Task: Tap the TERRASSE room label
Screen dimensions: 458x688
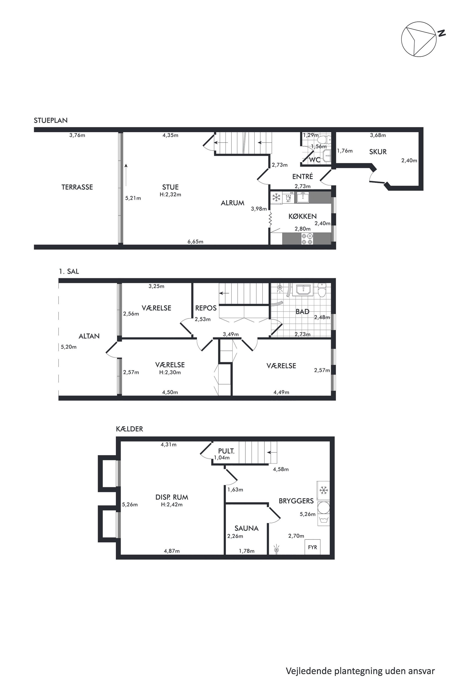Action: (77, 187)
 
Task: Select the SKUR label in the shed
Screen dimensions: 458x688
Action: (378, 152)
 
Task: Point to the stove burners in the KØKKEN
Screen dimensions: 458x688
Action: (307, 239)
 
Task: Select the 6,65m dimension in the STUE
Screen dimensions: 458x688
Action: (195, 242)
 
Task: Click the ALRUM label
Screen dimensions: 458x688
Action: (232, 203)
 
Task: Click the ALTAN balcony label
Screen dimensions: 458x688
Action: (89, 336)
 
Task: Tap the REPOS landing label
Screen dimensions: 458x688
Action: (206, 308)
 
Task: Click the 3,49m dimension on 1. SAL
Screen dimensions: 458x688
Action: (231, 334)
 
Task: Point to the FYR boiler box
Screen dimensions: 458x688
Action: (312, 547)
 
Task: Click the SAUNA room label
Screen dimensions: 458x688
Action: (247, 528)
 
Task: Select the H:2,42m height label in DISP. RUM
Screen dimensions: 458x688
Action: (172, 505)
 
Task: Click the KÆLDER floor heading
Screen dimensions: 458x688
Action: (130, 429)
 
